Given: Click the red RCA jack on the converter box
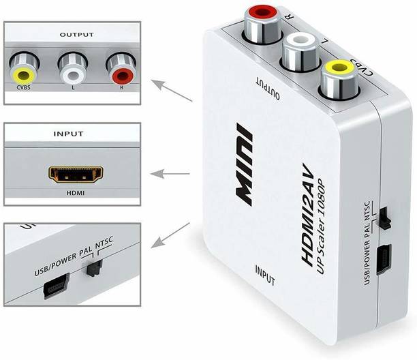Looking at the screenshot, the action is pos(263,25).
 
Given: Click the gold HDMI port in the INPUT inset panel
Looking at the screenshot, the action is pos(76,175).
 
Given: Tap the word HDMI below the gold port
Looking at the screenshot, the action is pos(76,193).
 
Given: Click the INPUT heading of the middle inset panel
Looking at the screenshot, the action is pos(68,134).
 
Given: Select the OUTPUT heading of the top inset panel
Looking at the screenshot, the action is pos(76,35).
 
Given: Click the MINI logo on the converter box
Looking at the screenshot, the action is pos(244,164).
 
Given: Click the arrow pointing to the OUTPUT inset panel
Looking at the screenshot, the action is pos(172,91).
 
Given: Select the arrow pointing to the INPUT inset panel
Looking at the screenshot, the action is pos(170,174).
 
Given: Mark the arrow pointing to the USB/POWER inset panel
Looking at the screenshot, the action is pos(170,235).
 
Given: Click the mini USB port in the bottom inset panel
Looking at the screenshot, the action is pos(57,286).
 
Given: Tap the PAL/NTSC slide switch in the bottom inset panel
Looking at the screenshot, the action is pos(94,269).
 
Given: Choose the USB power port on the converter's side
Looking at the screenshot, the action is pos(384,260).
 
